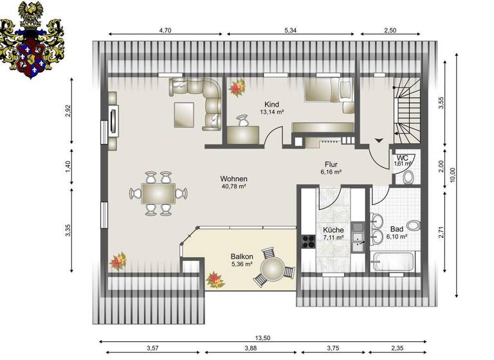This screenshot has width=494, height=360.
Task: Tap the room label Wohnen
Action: point(233,179)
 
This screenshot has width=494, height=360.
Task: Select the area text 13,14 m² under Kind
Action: point(271,111)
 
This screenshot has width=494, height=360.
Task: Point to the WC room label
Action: point(402,157)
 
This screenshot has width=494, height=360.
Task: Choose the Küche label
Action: point(333,230)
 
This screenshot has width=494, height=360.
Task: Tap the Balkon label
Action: point(241,256)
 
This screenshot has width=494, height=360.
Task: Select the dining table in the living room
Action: point(158,192)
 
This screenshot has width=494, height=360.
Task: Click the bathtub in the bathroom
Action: point(392,261)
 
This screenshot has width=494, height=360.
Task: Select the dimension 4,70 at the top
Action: point(165,30)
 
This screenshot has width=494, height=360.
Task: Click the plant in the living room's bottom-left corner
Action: point(118,261)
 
